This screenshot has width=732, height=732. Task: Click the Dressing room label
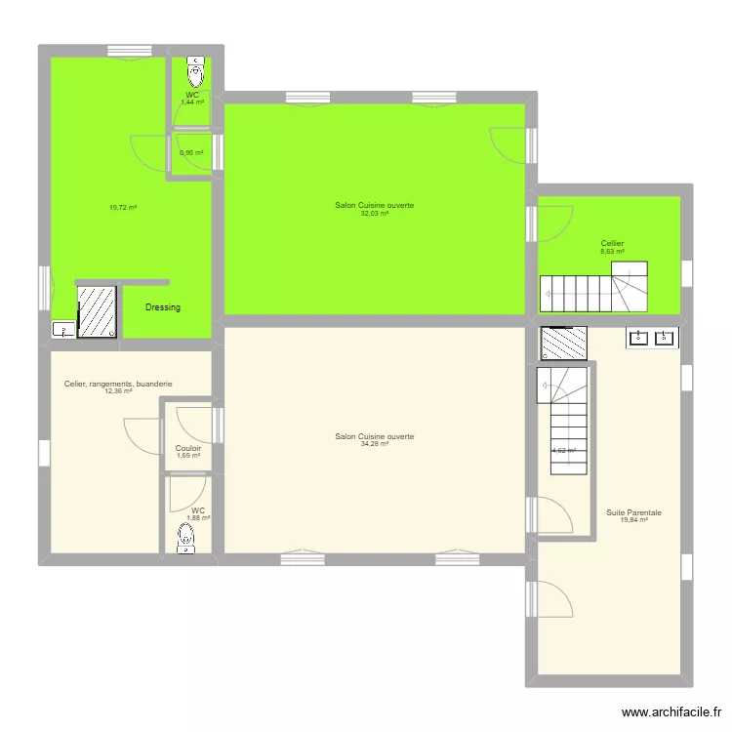click(162, 307)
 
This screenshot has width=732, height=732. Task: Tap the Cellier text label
click(612, 243)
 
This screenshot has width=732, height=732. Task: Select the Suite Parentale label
click(633, 511)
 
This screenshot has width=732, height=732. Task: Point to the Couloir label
click(188, 448)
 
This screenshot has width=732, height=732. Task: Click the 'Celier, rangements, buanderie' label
click(118, 384)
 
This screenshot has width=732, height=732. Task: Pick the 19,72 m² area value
click(122, 207)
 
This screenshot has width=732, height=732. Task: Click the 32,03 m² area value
click(375, 213)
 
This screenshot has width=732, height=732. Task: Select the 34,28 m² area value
click(375, 444)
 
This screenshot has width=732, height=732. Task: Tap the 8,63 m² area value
click(612, 251)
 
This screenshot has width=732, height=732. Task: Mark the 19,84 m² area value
click(633, 519)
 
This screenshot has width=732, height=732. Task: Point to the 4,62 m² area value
click(563, 451)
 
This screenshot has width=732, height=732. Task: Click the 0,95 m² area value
click(191, 152)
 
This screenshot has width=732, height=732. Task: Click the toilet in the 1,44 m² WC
click(196, 70)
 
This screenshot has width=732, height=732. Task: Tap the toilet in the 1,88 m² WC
click(184, 538)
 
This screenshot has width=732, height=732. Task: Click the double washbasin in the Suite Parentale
click(652, 338)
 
